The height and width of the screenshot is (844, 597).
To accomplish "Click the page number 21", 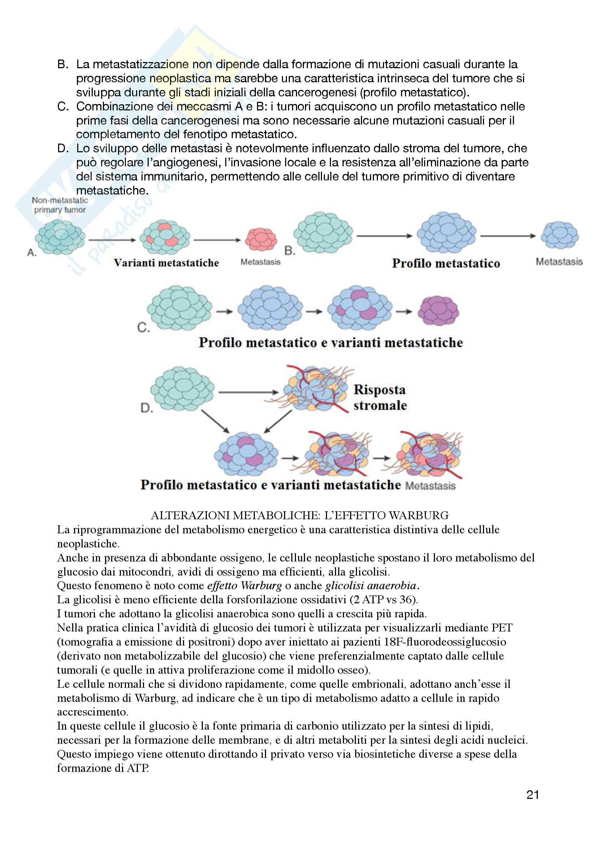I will click(533, 795).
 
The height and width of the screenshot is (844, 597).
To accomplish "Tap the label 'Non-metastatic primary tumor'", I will click(60, 205).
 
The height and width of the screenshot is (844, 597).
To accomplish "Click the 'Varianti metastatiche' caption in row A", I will click(166, 263).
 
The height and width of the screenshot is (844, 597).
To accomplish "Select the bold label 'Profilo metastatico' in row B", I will click(446, 263).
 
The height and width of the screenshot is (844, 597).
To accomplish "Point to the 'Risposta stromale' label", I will click(380, 397).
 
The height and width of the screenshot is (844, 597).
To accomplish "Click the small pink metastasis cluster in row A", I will click(261, 239).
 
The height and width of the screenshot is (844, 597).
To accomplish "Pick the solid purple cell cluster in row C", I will click(438, 311).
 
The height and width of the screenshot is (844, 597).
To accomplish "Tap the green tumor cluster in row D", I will click(182, 388).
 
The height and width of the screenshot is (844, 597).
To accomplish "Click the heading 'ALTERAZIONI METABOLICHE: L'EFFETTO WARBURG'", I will click(300, 515).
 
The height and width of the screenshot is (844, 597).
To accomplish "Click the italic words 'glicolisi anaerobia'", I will click(371, 585).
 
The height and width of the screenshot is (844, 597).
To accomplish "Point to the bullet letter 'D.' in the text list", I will click(63, 149).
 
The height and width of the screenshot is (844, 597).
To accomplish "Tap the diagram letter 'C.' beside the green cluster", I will click(143, 327).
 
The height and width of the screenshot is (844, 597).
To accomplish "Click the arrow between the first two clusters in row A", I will click(112, 240).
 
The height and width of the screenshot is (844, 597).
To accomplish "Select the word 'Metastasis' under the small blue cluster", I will click(559, 262).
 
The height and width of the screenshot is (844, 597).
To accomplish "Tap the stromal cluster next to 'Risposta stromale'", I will click(314, 390).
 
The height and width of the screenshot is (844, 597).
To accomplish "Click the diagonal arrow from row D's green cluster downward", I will click(215, 421).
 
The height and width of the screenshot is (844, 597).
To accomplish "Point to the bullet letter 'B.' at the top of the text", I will click(63, 64).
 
